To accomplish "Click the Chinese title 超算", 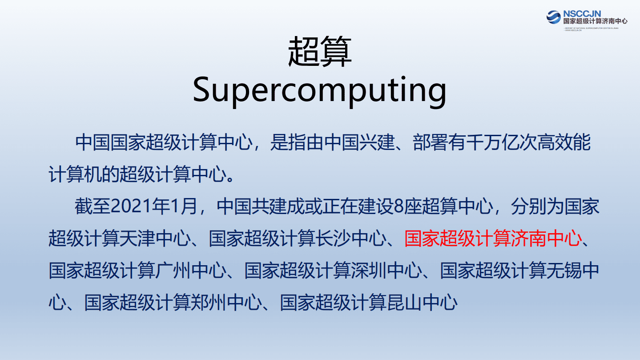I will pos(320,53).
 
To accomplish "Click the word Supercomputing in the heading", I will pos(319,91).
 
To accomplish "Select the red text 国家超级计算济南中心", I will pos(493,239).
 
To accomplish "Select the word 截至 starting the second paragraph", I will pos(93,207).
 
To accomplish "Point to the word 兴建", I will pos(377,143).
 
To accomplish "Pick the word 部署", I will pos(431,143).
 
